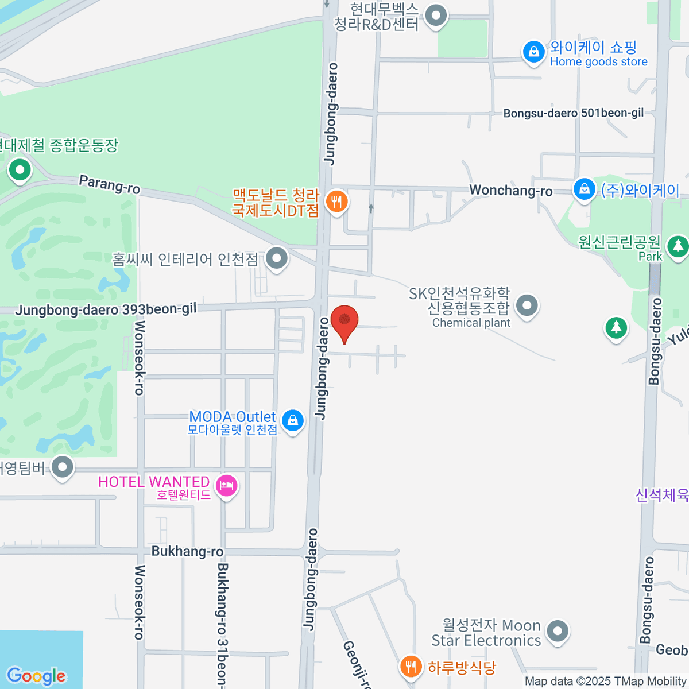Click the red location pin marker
[344, 320]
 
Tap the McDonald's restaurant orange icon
[336, 202]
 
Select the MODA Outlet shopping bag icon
[293, 420]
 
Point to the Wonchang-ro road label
[510, 190]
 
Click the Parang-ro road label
[109, 184]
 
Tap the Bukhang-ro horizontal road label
[187, 551]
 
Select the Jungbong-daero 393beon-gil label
[106, 309]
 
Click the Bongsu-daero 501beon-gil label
[573, 113]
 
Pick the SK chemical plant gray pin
[527, 305]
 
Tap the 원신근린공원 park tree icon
[678, 246]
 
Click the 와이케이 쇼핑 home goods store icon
[533, 52]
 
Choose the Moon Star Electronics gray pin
[557, 631]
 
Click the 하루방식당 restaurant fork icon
[410, 667]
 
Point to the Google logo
[36, 676]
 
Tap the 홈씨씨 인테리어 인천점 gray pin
[277, 258]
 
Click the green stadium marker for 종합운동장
[20, 170]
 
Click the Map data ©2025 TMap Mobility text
[606, 682]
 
